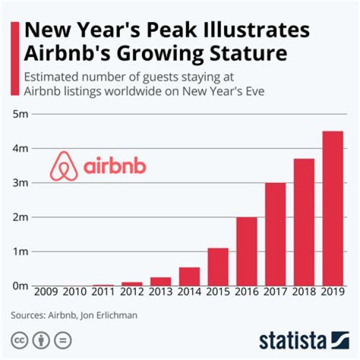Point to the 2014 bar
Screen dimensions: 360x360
pos(189,276)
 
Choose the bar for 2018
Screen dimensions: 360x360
pos(303,222)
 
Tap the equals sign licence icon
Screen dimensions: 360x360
pos(62,340)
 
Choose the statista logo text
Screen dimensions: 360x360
pos(292,341)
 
